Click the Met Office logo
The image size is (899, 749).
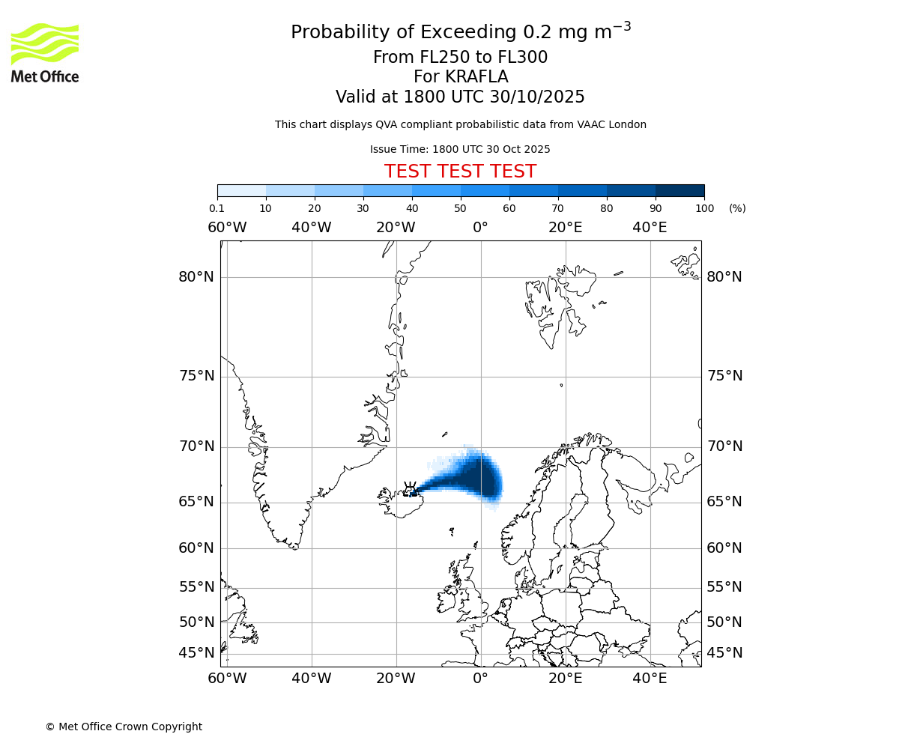(45, 52)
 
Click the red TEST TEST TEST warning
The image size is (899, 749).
(460, 172)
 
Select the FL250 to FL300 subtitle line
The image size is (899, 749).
(460, 58)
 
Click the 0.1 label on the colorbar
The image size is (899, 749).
(217, 208)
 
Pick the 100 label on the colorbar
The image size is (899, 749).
(704, 208)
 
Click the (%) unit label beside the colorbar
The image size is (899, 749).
(737, 208)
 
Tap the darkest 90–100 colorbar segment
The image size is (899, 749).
(679, 190)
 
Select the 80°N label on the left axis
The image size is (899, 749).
(196, 277)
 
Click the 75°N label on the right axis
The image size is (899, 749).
(724, 376)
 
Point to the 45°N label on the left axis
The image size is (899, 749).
(196, 653)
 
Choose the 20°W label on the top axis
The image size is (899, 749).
(396, 228)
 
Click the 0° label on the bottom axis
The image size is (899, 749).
(480, 679)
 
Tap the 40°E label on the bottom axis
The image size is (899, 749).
(650, 679)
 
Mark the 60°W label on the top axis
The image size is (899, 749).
(227, 228)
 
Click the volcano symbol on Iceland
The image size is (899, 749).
(411, 489)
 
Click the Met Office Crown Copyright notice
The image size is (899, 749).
(124, 727)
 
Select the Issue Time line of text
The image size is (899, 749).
(460, 150)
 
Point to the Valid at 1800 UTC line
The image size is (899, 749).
(460, 97)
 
